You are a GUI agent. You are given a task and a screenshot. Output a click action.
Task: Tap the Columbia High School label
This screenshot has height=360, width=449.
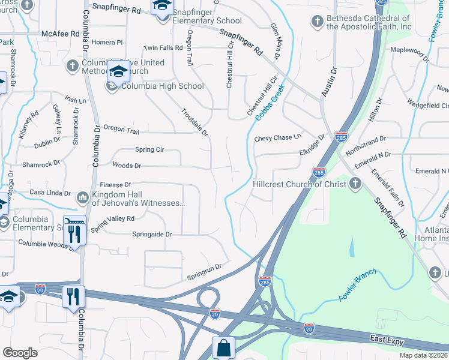[x=163, y=86]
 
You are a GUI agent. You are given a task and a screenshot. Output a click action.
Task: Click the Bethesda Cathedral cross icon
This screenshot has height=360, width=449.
[x=317, y=22]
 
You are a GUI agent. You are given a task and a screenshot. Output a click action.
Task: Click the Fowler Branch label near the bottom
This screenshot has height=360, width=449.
[x=358, y=286]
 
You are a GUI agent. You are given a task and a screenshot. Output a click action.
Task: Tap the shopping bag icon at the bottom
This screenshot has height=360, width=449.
[x=223, y=348]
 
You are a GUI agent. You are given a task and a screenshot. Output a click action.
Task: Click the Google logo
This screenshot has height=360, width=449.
[x=20, y=353]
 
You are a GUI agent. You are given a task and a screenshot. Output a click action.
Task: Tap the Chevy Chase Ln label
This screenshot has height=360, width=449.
[x=277, y=138]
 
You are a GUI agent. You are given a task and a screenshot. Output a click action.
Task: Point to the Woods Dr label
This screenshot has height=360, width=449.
[x=127, y=166]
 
